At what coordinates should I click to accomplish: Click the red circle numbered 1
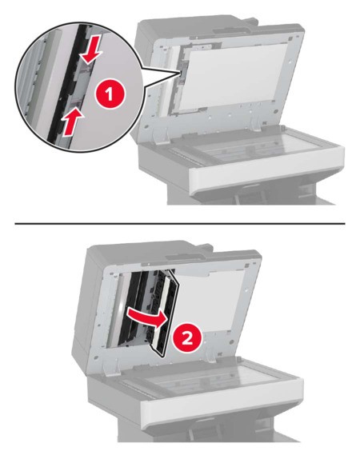click(x=110, y=94)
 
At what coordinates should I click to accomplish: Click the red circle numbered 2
click(x=187, y=338)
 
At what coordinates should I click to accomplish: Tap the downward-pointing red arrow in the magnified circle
click(x=92, y=49)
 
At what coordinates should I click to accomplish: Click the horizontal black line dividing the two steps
click(x=180, y=223)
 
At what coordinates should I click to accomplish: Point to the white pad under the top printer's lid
click(x=232, y=76)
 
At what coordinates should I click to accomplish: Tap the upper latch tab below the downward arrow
click(x=86, y=68)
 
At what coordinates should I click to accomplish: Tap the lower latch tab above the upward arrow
click(x=76, y=102)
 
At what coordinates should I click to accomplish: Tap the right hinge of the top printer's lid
click(x=255, y=124)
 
